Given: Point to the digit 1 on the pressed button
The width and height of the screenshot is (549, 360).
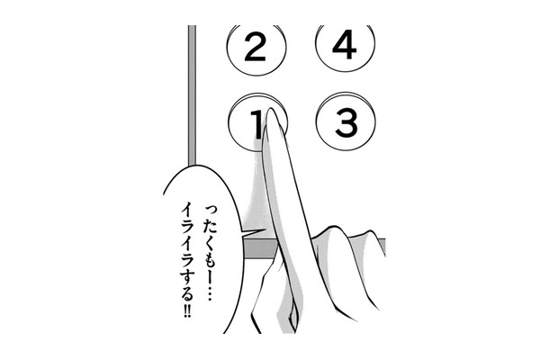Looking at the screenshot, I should (x=256, y=123).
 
